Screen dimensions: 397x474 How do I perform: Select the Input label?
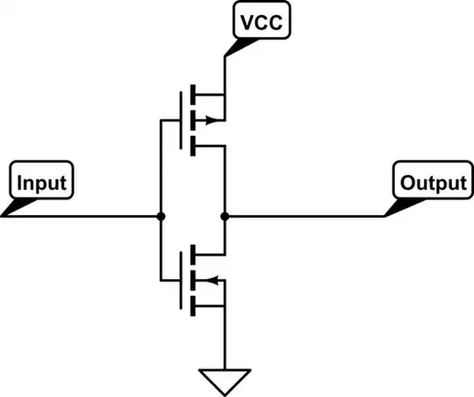tap(40, 183)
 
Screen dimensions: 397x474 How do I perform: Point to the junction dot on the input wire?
tap(161, 216)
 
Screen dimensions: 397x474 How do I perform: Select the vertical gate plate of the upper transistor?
tap(180, 120)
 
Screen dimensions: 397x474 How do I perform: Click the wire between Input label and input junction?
tap(88, 216)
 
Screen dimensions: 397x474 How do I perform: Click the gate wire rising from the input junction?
tap(161, 167)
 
